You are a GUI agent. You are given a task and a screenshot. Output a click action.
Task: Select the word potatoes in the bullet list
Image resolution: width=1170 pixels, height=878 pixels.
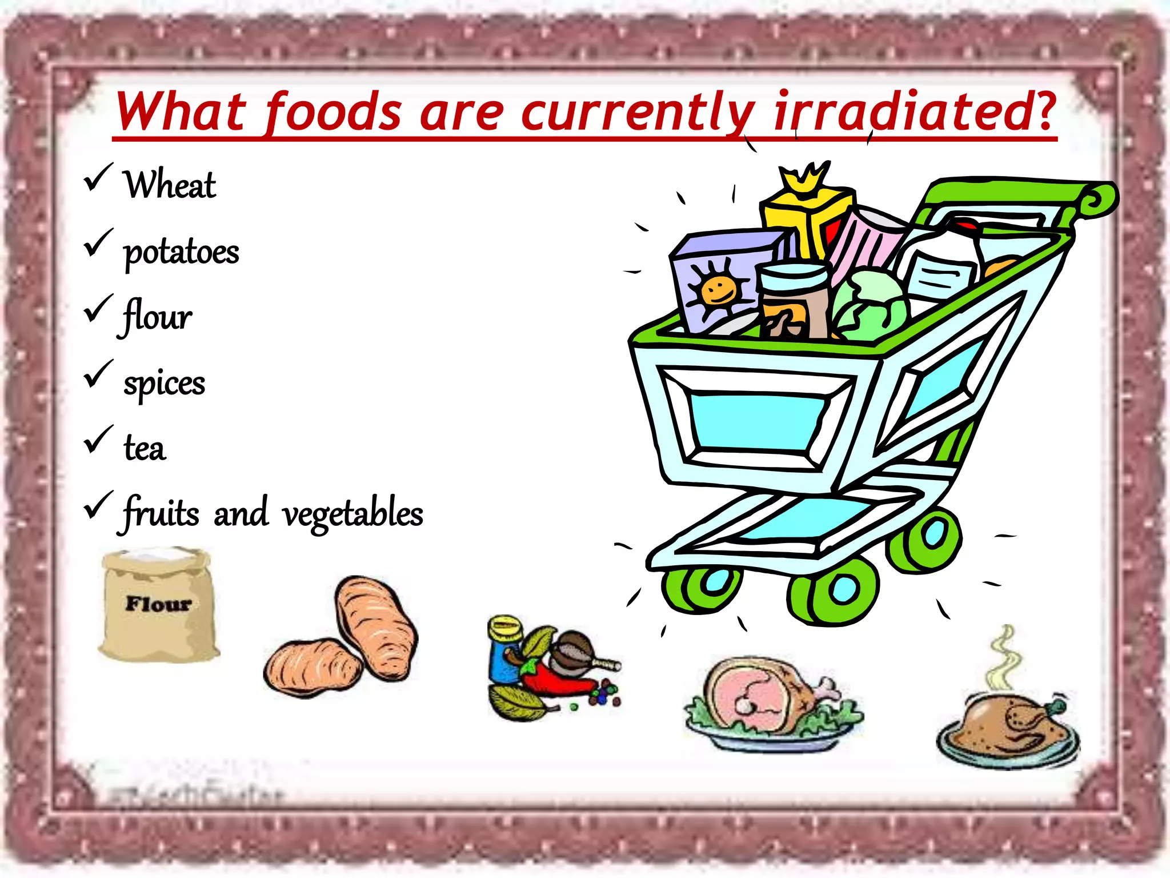tap(181, 252)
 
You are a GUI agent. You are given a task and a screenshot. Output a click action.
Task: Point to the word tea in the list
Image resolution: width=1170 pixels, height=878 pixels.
tap(145, 448)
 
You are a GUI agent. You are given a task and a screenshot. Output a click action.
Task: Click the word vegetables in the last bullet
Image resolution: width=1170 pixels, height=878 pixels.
tap(352, 513)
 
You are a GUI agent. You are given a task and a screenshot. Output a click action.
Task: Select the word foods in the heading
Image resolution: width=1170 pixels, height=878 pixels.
tap(334, 111)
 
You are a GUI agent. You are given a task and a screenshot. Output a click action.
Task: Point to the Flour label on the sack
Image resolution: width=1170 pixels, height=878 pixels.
tap(158, 604)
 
